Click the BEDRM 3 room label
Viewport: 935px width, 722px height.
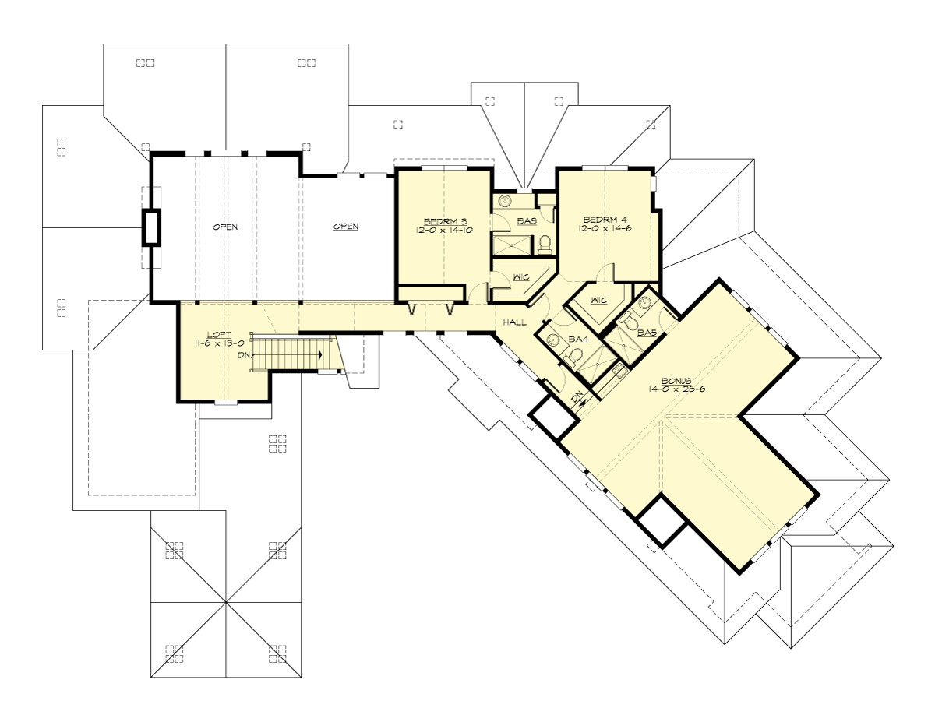click(x=443, y=220)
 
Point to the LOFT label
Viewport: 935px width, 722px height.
click(x=215, y=333)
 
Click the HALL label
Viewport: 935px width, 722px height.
click(x=514, y=321)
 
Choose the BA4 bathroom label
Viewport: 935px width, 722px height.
click(x=577, y=339)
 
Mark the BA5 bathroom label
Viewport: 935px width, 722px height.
click(x=646, y=333)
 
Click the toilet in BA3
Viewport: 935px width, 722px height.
click(x=545, y=244)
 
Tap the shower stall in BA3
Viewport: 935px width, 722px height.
click(x=510, y=245)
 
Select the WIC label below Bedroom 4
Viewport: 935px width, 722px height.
click(x=599, y=300)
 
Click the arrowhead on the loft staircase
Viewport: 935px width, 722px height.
click(x=320, y=354)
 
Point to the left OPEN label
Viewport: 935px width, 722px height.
click(x=225, y=227)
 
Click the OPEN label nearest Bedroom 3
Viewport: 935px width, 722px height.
click(x=346, y=227)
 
